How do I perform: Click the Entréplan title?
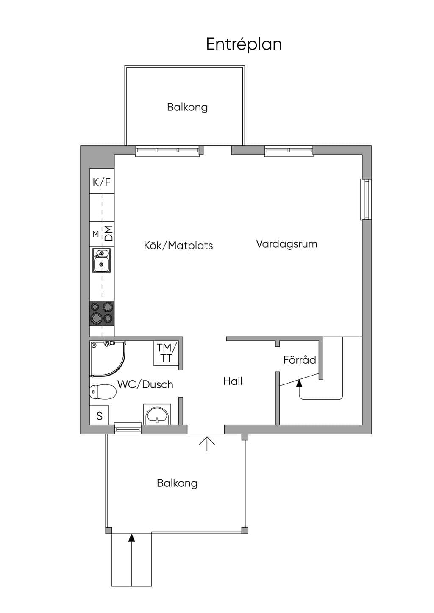tap(244, 44)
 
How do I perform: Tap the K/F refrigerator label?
tap(102, 182)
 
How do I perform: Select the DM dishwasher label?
tap(108, 233)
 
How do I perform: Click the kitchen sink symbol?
tap(102, 260)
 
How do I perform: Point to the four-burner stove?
tap(102, 313)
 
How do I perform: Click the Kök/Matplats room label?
tap(178, 245)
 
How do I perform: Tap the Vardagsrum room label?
tap(287, 243)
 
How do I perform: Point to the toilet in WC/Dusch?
tap(103, 392)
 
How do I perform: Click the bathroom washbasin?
tap(157, 414)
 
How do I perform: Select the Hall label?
tap(233, 381)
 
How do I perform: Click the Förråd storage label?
tap(300, 359)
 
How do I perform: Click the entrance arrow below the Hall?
tap(206, 444)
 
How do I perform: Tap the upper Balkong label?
tap(187, 107)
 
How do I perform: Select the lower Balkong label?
tap(177, 483)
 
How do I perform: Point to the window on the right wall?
tap(365, 199)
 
